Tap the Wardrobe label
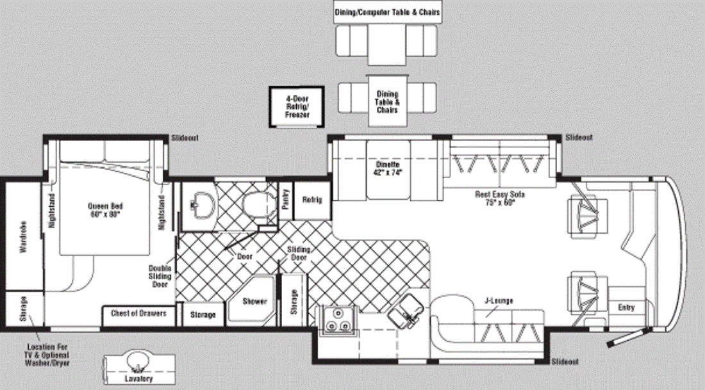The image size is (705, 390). (x=23, y=236)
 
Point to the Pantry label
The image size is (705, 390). (x=285, y=199)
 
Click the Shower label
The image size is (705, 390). (x=254, y=301)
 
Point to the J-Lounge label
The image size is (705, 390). (x=499, y=300)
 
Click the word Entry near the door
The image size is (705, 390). (x=626, y=307)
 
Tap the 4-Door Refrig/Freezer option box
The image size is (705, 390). (x=297, y=107)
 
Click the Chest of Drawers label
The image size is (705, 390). (x=138, y=313)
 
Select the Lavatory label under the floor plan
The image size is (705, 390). (x=138, y=378)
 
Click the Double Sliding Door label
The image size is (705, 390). (x=160, y=276)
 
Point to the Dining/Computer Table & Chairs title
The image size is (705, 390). (x=387, y=12)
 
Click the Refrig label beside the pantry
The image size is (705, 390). (x=312, y=200)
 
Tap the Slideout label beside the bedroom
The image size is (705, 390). (x=185, y=138)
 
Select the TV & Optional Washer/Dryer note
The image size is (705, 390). (x=47, y=355)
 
